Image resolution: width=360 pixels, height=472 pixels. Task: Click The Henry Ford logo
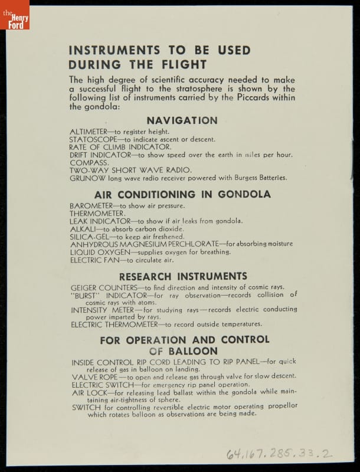coord(14,14)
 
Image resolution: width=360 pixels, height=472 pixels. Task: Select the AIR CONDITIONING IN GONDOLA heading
coord(182,194)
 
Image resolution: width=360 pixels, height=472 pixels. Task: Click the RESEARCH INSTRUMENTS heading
coord(183,276)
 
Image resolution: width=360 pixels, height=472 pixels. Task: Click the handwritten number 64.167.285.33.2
coord(279,453)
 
